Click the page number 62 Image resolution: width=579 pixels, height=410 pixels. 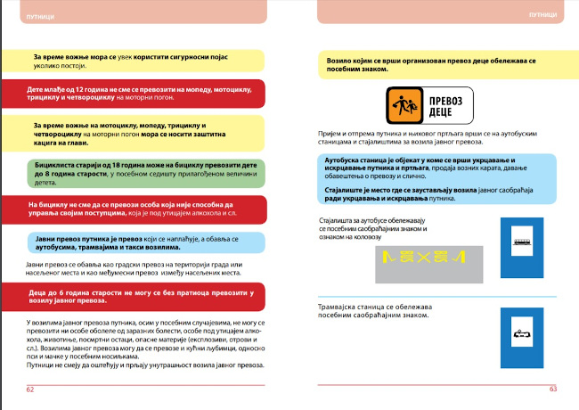(29, 389)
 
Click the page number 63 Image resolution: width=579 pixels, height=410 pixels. (552, 389)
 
